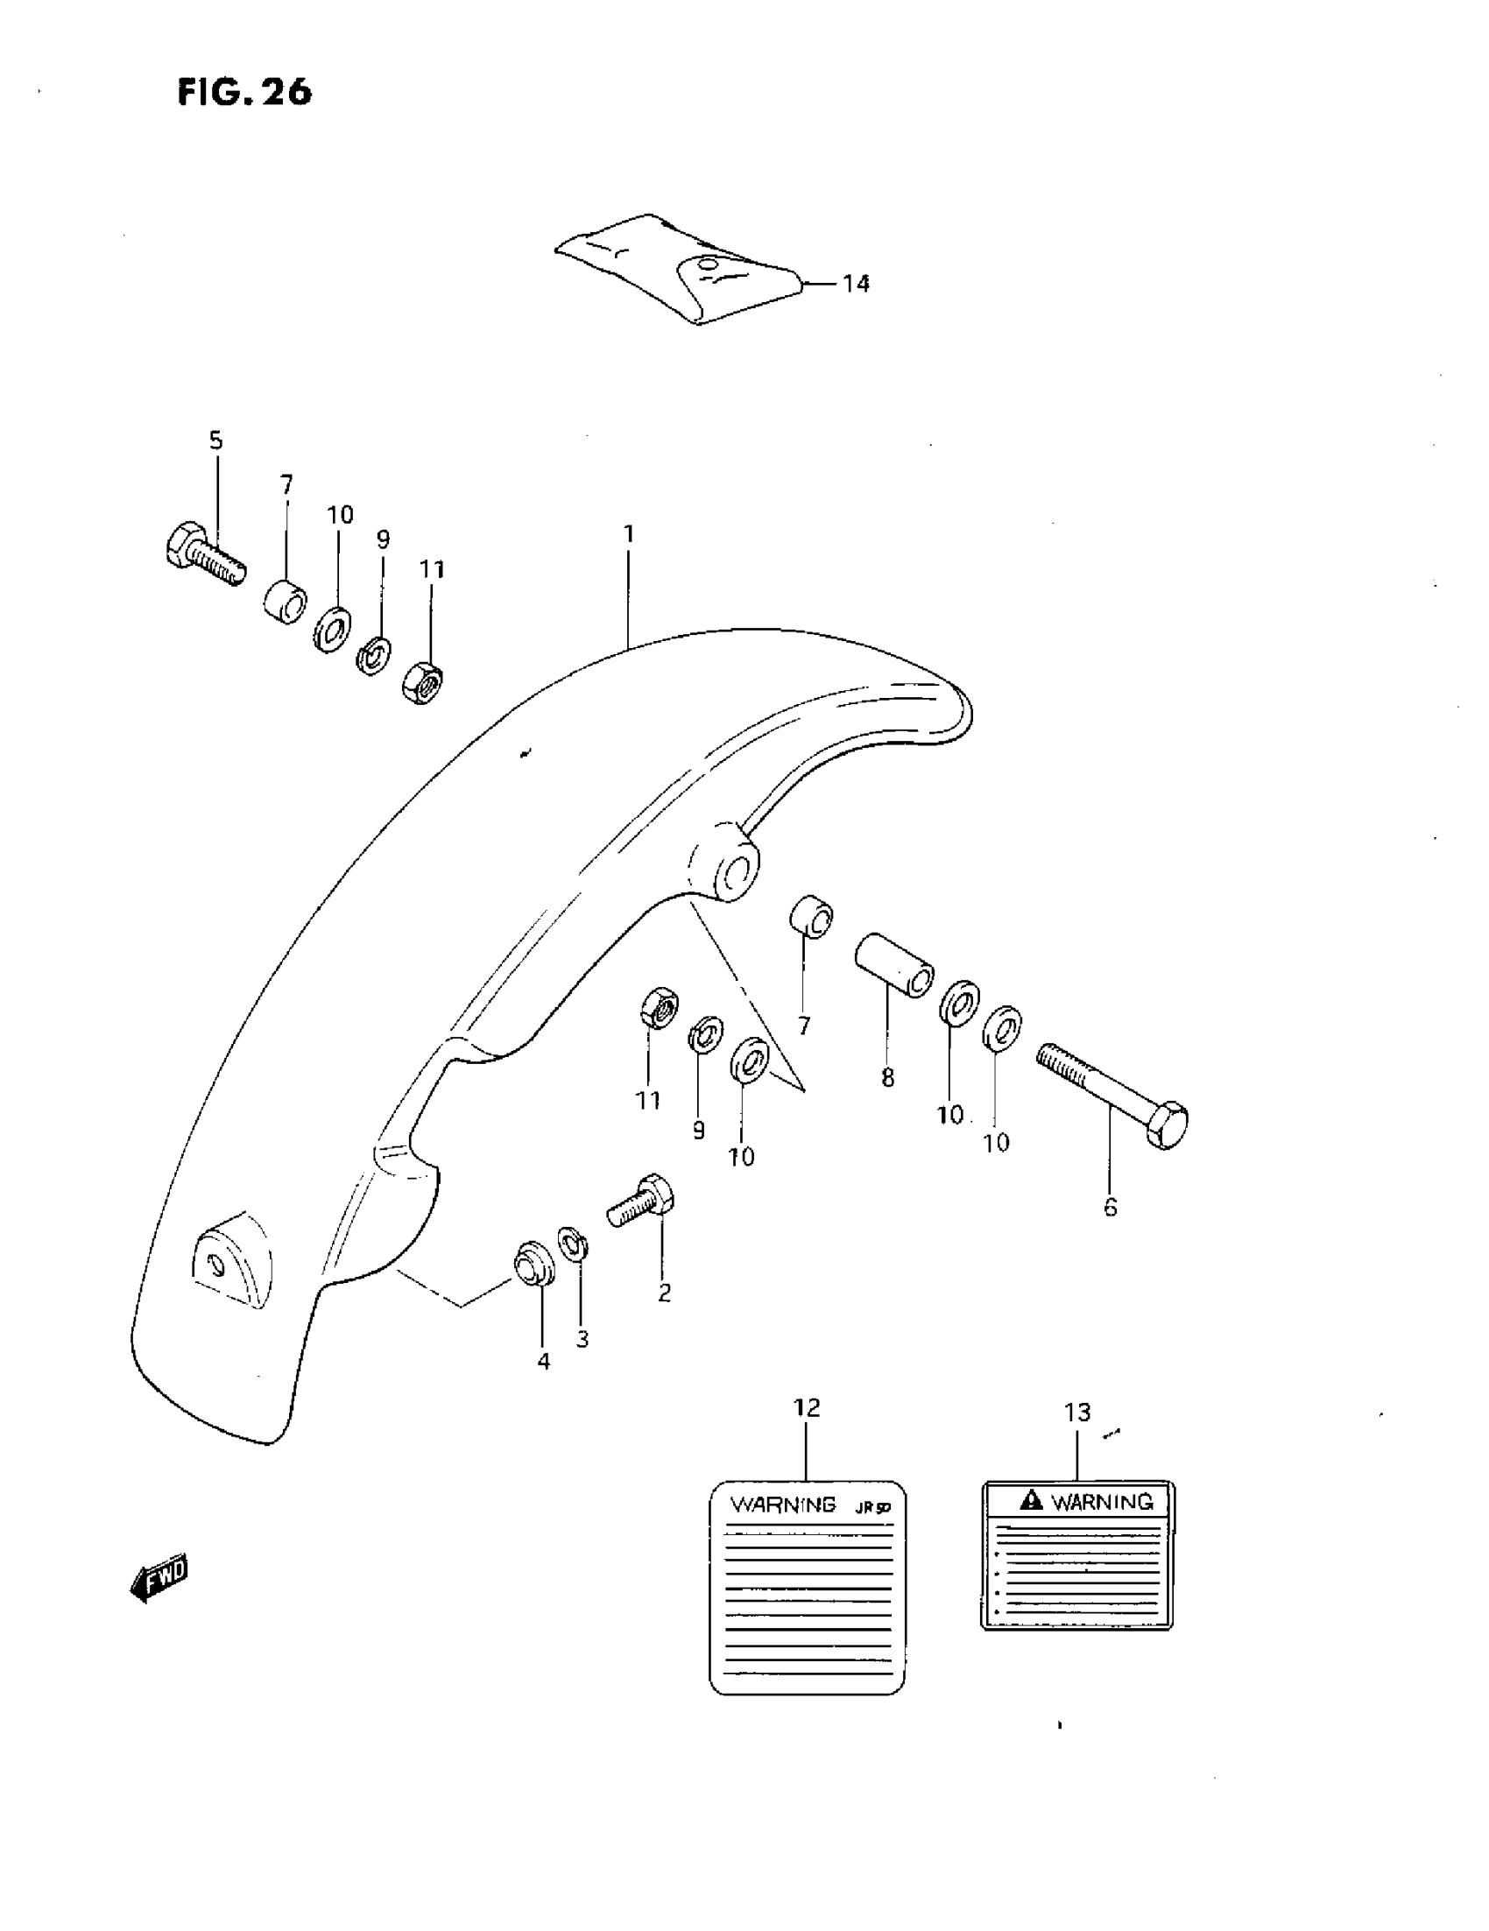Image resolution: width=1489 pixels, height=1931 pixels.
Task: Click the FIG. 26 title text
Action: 244,92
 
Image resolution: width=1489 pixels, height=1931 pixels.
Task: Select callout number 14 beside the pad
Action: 855,284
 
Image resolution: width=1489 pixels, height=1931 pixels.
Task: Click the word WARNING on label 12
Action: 782,1504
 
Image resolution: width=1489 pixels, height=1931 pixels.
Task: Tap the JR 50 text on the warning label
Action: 872,1507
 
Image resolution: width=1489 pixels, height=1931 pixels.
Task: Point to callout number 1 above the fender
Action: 629,534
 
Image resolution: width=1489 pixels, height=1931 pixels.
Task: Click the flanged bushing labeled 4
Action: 533,1264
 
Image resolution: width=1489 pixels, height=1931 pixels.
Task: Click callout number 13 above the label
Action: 1077,1413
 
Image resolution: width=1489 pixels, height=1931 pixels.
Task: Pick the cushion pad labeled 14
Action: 681,268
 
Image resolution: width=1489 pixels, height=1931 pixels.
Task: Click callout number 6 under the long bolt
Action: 1111,1207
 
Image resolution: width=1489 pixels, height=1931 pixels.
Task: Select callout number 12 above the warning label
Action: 807,1407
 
